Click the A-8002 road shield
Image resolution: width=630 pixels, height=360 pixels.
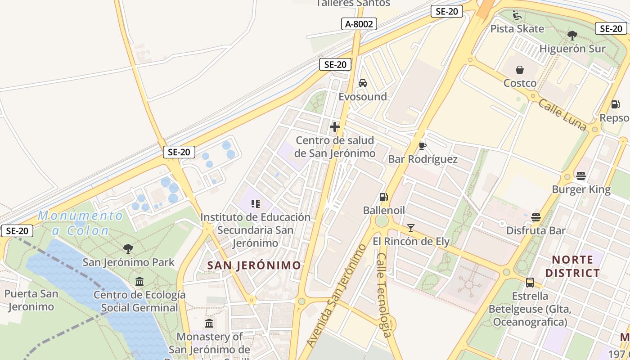click(x=359, y=24)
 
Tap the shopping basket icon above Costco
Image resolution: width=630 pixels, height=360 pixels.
click(x=520, y=70)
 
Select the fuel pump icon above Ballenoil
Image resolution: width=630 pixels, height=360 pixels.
click(x=383, y=197)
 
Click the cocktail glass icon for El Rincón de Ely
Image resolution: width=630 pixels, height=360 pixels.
click(x=411, y=228)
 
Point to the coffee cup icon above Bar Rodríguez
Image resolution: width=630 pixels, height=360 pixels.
click(x=422, y=145)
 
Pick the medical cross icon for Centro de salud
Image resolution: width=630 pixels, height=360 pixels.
click(x=335, y=127)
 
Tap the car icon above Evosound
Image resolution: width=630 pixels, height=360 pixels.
click(x=362, y=83)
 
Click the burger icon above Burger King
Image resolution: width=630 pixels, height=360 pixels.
click(x=581, y=176)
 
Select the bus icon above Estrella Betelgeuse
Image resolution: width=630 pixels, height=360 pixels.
click(x=530, y=283)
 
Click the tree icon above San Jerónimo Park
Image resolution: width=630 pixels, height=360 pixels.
click(x=128, y=248)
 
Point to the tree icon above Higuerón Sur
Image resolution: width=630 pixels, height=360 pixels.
click(x=572, y=35)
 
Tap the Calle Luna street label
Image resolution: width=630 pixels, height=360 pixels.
click(x=562, y=115)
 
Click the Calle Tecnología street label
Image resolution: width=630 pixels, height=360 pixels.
click(x=384, y=295)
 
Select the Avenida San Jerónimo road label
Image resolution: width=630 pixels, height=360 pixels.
click(x=337, y=296)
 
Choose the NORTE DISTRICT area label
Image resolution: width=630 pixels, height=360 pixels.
click(x=572, y=266)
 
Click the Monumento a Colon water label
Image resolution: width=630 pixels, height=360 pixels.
click(x=80, y=223)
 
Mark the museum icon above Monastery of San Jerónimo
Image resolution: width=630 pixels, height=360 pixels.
click(x=209, y=323)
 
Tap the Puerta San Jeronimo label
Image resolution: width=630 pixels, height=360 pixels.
click(x=31, y=300)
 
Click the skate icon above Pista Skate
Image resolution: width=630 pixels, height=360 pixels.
click(x=517, y=16)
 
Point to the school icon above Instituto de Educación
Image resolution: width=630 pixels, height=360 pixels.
click(x=256, y=204)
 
